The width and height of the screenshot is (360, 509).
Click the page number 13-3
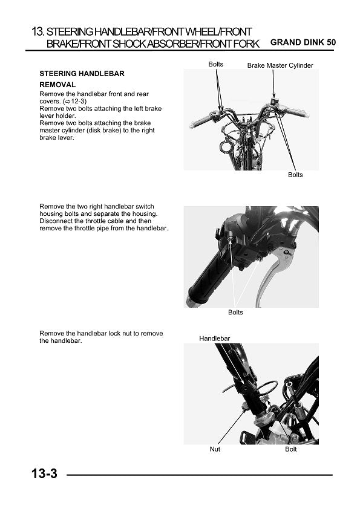45,474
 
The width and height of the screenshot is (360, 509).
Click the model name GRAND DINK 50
303,43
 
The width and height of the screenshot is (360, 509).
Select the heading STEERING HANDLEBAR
82,74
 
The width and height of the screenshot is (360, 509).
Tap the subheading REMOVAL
57,85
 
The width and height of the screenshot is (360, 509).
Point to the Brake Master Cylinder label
280,65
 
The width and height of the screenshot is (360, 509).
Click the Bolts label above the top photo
215,64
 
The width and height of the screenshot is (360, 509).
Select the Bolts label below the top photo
295,175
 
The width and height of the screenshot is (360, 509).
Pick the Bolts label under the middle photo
235,313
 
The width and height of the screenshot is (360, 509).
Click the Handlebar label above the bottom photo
214,339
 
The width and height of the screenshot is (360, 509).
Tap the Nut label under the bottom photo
215,449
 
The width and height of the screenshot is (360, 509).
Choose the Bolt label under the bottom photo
290,449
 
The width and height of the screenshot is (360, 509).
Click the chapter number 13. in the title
38,31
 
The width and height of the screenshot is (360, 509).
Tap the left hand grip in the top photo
200,121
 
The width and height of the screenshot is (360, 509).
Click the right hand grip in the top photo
297,112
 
